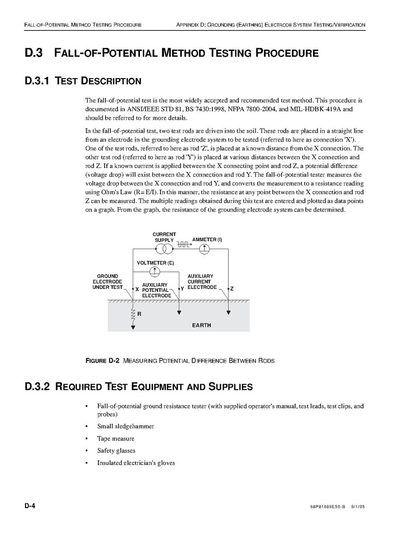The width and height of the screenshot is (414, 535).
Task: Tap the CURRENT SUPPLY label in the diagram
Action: tap(164, 237)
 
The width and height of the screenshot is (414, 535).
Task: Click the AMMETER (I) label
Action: tap(207, 240)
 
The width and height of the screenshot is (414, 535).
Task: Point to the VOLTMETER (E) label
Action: tap(155, 263)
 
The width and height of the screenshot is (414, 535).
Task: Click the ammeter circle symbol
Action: tap(205, 249)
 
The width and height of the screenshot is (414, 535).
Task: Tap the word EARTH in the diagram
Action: tap(201, 326)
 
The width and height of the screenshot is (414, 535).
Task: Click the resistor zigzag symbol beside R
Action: tap(133, 315)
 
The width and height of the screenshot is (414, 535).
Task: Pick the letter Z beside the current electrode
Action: tap(232, 289)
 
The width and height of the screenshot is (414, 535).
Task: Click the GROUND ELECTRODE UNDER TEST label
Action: tap(107, 282)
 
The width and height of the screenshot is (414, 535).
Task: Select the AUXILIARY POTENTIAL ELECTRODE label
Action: tap(156, 290)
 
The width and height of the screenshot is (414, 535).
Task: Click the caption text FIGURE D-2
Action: tap(102, 361)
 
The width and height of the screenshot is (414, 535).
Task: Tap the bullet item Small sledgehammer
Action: tap(126, 426)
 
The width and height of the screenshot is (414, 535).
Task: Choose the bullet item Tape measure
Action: tap(115, 439)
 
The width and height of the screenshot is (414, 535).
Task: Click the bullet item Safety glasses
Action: tap(116, 451)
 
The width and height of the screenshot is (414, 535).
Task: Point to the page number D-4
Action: tap(30, 506)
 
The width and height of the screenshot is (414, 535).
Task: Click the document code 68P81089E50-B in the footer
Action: tap(327, 508)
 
